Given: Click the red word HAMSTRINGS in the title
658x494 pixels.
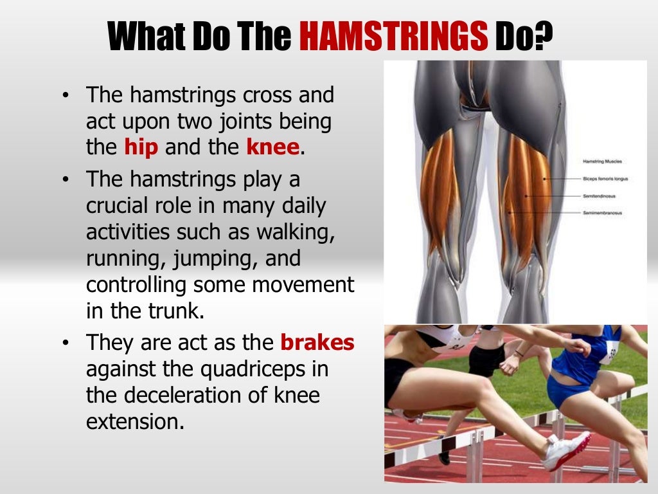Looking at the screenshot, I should (x=394, y=37).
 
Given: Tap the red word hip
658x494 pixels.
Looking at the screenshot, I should (x=141, y=147).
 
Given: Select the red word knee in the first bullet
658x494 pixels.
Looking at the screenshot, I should (x=272, y=147).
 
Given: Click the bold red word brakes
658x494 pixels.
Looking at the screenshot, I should (x=317, y=342).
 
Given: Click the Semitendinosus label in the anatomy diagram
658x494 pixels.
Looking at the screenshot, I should (x=598, y=196).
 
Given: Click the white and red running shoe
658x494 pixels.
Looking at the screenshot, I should (x=566, y=451).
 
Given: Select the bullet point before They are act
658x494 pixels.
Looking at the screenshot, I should (x=65, y=343).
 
